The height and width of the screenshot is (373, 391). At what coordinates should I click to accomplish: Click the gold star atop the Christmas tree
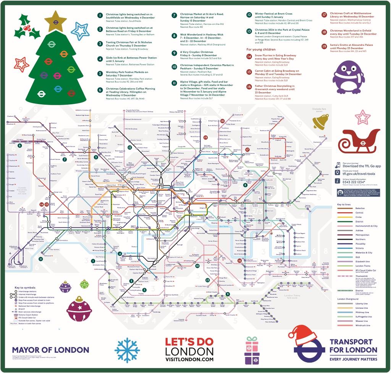point(55,21)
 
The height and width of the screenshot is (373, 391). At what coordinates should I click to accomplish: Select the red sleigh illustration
point(359,141)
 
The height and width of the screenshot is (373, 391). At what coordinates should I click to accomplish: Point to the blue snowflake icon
point(127,350)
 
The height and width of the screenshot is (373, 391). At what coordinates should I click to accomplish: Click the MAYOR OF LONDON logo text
point(50,350)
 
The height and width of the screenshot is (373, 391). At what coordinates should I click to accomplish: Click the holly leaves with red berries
point(27,28)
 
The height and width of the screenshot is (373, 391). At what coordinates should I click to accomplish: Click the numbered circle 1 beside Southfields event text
point(100,15)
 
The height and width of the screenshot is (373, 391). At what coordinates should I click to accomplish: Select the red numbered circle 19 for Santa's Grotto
point(324,46)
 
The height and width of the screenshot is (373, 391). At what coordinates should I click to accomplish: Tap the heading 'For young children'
point(261,49)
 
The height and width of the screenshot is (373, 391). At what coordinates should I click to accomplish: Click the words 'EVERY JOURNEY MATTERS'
point(353,359)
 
